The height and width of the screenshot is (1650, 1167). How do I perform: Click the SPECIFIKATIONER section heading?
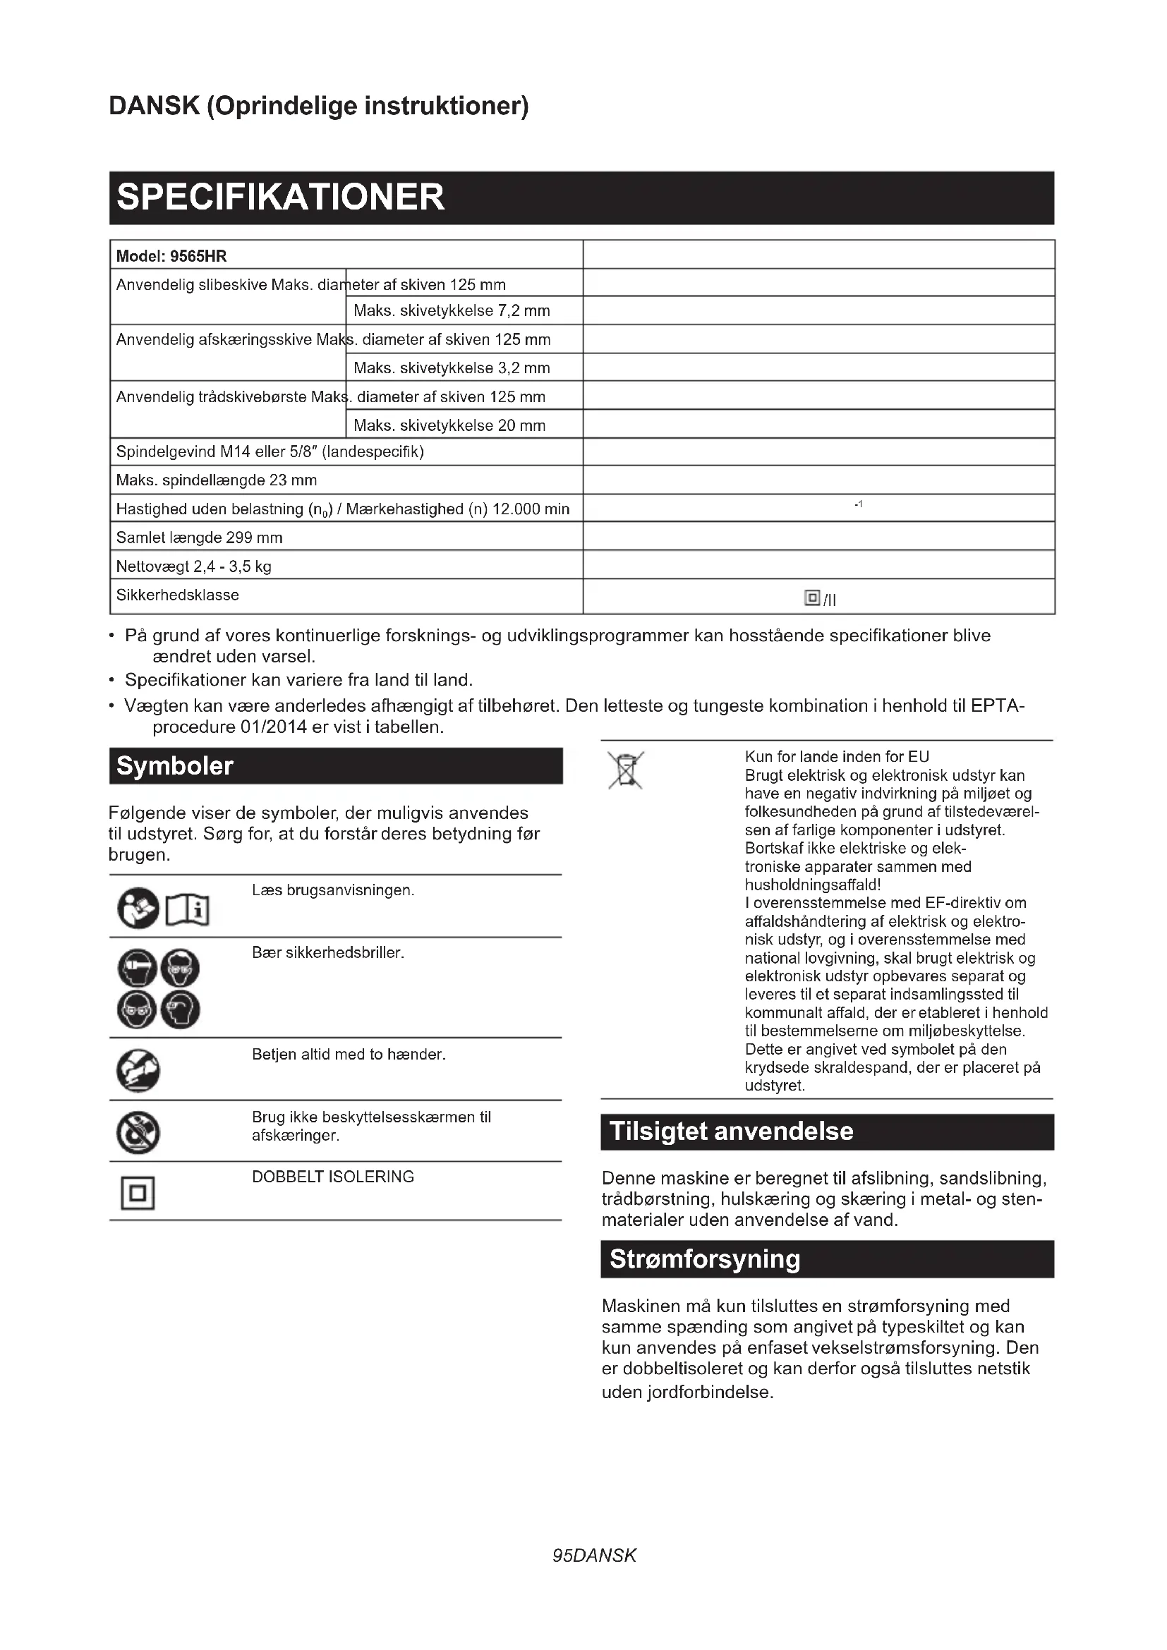tap(280, 198)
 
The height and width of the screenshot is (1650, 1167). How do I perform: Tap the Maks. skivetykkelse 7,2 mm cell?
tap(452, 311)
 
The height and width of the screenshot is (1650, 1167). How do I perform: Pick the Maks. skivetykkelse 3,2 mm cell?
tap(452, 368)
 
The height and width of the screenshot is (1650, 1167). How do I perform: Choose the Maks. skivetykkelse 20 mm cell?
tap(449, 425)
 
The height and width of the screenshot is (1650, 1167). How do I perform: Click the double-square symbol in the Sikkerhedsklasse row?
tap(812, 598)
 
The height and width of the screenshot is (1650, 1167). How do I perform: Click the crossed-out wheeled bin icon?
tap(625, 770)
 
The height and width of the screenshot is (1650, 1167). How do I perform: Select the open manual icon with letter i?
tap(188, 911)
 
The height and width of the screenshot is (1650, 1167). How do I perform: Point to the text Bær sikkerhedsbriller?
tap(327, 953)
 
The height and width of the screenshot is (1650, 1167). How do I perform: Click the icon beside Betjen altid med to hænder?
tap(138, 1070)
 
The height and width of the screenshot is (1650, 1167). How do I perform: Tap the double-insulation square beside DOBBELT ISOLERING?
tap(138, 1194)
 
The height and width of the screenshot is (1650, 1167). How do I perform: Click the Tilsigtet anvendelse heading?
tap(732, 1132)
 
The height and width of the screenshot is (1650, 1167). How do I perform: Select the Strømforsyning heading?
tap(705, 1259)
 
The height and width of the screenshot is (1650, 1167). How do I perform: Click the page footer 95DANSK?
tap(594, 1556)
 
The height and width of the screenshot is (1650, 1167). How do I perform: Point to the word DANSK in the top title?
tap(154, 106)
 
